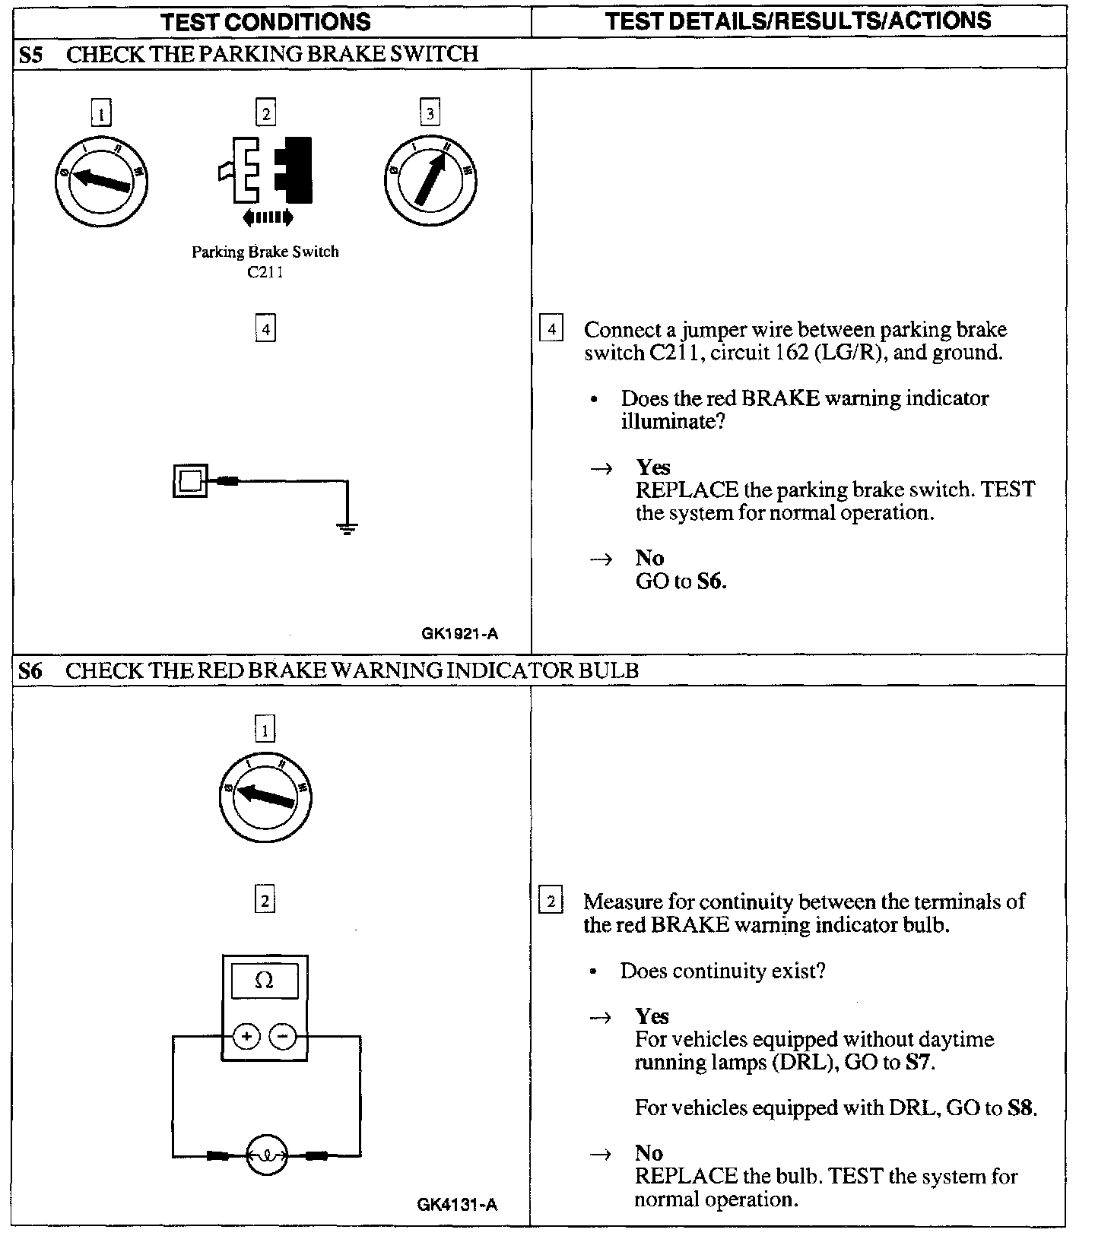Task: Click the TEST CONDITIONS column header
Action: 265,21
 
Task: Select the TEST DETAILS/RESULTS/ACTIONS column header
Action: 798,21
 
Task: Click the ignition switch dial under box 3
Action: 430,180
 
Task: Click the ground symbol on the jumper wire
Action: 348,528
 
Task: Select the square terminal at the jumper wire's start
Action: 190,480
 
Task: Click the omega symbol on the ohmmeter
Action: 264,981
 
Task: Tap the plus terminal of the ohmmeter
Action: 246,1036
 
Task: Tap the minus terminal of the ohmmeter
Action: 283,1036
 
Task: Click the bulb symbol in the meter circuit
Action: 266,1156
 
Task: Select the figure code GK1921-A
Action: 460,633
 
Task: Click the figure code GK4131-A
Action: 458,1204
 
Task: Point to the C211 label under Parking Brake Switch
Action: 265,272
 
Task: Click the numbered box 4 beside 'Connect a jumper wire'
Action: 551,330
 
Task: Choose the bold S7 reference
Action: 918,1062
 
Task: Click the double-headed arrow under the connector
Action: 268,218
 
